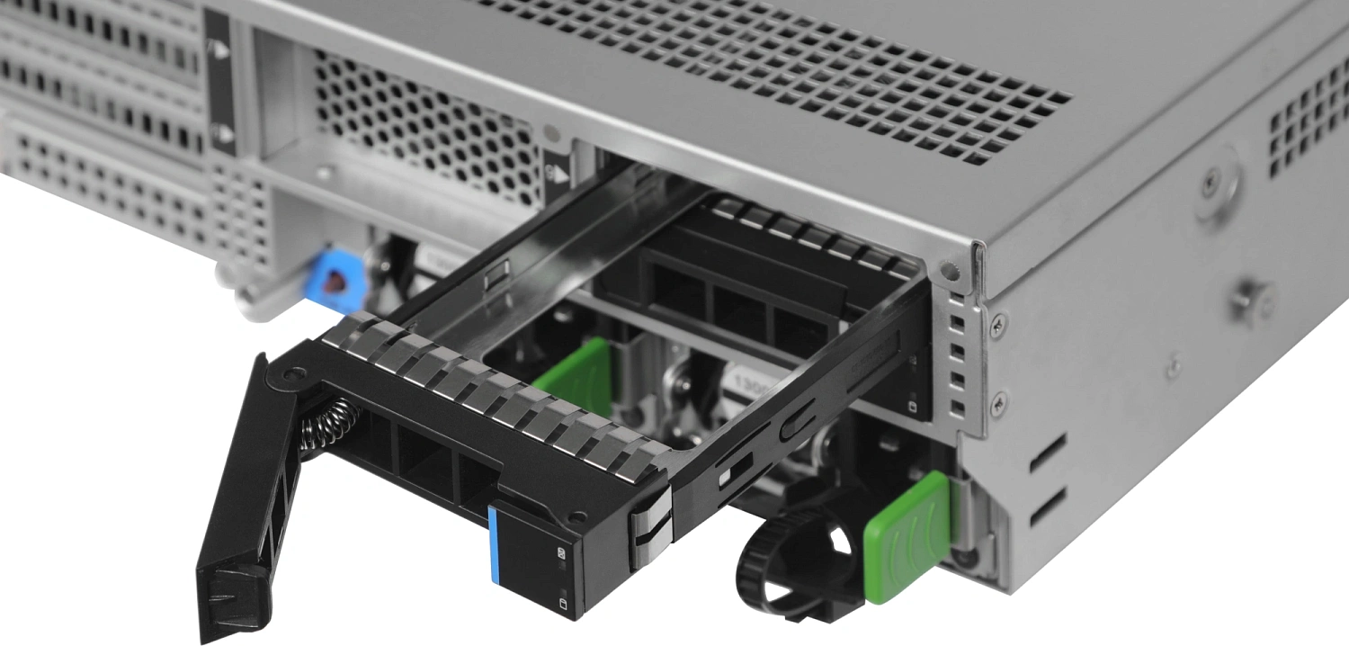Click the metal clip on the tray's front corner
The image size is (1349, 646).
pyautogui.click(x=650, y=531)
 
